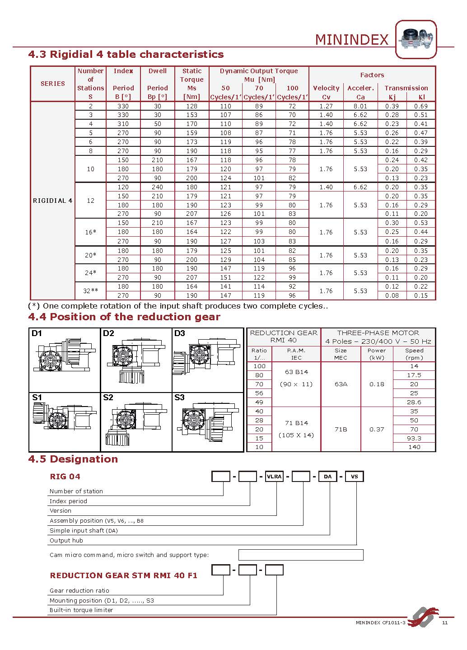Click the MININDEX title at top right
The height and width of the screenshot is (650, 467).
351,40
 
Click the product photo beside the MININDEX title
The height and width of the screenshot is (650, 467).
416,39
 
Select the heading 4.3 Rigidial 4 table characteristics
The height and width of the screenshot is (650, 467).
126,55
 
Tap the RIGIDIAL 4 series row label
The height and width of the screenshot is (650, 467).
52,201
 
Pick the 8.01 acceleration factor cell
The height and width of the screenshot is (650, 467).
360,106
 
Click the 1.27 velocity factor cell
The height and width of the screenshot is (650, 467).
326,106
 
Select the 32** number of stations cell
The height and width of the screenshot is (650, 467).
90,291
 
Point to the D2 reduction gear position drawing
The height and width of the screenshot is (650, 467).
136,360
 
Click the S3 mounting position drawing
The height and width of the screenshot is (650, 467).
208,422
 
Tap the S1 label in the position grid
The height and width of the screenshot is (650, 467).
37,397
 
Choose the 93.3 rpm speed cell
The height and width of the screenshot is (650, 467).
414,438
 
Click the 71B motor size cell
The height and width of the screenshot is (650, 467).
341,429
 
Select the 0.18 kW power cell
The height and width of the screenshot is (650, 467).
377,384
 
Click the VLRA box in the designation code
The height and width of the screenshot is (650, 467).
274,476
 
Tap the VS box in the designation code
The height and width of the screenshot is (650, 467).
354,476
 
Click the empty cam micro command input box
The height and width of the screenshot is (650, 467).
300,555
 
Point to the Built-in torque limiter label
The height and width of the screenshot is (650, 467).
81,610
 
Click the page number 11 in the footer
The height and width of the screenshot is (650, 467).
445,623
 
